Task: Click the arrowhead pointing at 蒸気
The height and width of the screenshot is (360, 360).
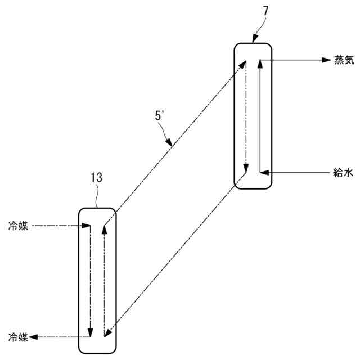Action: (325, 60)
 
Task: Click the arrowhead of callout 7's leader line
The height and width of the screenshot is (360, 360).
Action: (254, 40)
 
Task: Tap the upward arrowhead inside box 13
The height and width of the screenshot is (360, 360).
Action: (103, 230)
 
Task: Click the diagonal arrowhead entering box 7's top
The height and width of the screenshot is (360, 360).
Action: (244, 65)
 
